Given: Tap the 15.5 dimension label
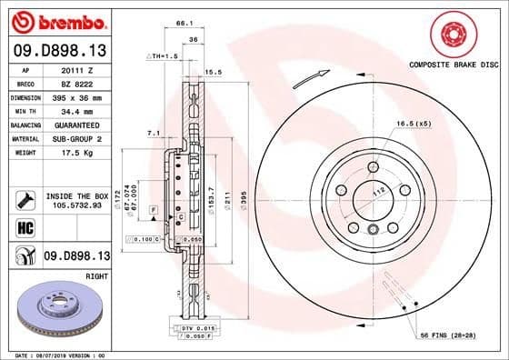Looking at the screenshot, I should point(215,71).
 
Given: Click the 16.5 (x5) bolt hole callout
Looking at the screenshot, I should point(413,123).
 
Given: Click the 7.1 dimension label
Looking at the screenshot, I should point(155,133).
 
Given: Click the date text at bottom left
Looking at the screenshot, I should point(55,354).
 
